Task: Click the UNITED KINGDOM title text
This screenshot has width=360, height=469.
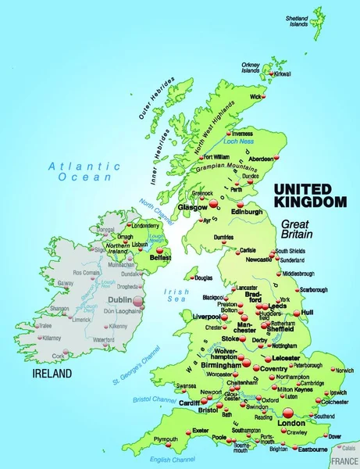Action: (x=308, y=195)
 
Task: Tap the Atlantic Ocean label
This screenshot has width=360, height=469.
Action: (x=83, y=171)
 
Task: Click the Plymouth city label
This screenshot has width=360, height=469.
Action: (x=166, y=439)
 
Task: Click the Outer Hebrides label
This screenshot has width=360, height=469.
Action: (x=157, y=98)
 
